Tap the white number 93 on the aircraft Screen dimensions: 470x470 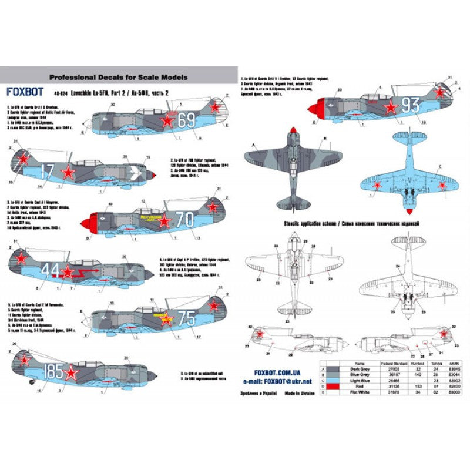point(410,105)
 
